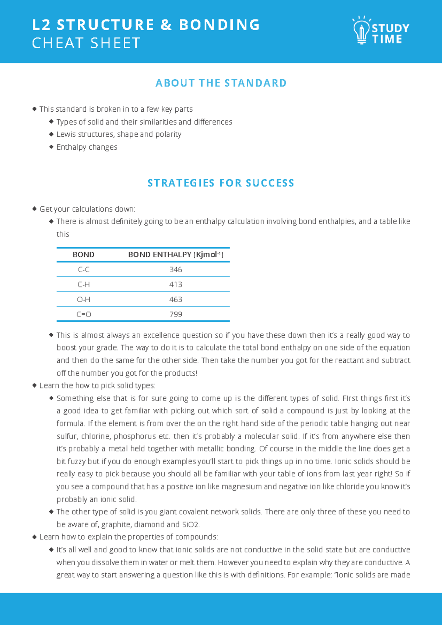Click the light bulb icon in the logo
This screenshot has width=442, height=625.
[x=361, y=31]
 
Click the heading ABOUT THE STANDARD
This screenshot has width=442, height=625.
[x=221, y=83]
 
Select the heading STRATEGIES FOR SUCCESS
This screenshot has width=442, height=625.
[x=221, y=183]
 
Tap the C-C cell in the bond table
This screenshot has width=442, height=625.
[x=84, y=270]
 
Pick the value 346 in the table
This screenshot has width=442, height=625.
[x=176, y=270]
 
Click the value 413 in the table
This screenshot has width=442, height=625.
[x=176, y=284]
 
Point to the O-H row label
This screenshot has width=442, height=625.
[x=84, y=300]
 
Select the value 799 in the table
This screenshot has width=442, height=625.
[x=176, y=314]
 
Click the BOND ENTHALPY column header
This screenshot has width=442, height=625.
[x=176, y=255]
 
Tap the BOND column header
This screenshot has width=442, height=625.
[x=84, y=255]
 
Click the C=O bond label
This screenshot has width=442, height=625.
[x=84, y=314]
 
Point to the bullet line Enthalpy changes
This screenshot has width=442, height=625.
[x=87, y=147]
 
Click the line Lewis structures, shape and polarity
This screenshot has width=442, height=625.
[x=119, y=134]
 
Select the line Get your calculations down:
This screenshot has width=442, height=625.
[x=87, y=209]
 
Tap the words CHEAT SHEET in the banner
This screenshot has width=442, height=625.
[x=86, y=43]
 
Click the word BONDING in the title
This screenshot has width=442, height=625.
[x=220, y=25]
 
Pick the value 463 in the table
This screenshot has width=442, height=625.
[x=176, y=300]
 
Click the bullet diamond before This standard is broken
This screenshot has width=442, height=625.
[x=35, y=109]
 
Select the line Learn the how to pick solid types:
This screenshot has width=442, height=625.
[x=97, y=385]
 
